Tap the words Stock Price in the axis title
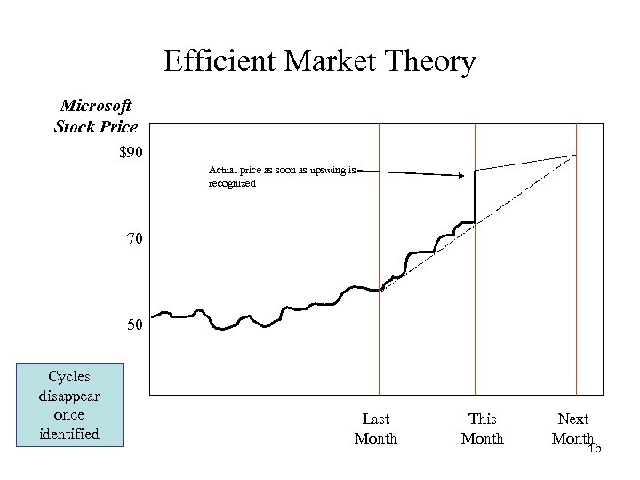point(95,126)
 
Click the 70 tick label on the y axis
point(133,239)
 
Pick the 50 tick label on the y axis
point(133,325)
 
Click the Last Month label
point(375,428)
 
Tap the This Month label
point(482,428)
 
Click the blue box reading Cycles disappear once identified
point(69,404)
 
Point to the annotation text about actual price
point(280,176)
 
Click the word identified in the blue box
point(69,434)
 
